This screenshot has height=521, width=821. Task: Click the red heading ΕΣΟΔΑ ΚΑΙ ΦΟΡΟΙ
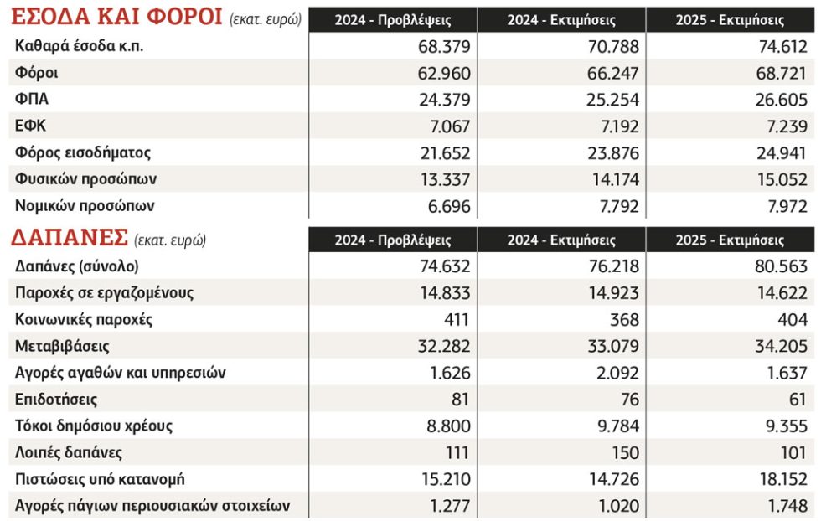(x=116, y=17)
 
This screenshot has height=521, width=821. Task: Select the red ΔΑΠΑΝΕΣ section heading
(x=70, y=237)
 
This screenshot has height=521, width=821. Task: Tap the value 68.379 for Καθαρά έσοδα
(x=444, y=47)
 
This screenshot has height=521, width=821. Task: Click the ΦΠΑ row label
(x=32, y=99)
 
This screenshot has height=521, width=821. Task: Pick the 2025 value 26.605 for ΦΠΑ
(x=781, y=100)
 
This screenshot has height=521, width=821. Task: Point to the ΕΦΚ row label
(x=30, y=126)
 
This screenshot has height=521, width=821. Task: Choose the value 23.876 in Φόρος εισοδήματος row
(x=612, y=153)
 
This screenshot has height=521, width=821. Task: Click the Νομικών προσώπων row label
(x=85, y=206)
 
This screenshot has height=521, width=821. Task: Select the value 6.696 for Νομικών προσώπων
(x=449, y=206)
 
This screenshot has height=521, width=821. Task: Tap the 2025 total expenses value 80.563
(x=781, y=266)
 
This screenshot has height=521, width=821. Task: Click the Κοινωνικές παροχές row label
(x=84, y=319)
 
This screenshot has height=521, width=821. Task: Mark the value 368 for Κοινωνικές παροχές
(x=625, y=320)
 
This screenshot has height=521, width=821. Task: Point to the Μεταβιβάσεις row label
(x=62, y=346)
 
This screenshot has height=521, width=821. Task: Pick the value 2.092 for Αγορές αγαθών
(x=618, y=373)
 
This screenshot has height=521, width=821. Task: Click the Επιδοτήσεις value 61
(x=797, y=400)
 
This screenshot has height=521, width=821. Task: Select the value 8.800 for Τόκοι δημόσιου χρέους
(x=448, y=426)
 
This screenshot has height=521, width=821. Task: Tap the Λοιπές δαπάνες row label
(x=69, y=452)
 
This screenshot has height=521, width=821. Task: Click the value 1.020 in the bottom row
(x=618, y=506)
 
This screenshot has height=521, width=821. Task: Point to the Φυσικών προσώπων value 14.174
(x=615, y=179)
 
